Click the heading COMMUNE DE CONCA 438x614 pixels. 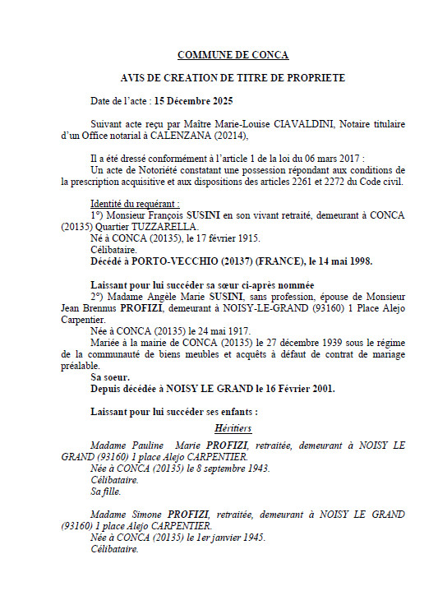click(233, 55)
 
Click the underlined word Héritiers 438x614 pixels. click(233, 428)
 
